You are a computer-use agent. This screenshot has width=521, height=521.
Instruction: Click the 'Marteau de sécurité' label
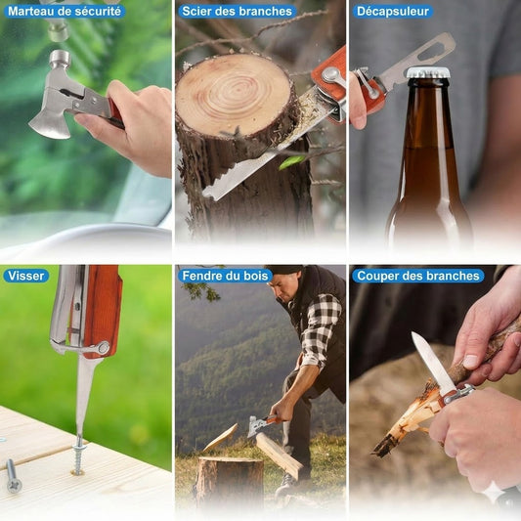65,12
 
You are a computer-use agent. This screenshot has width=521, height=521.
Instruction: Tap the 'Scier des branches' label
237,12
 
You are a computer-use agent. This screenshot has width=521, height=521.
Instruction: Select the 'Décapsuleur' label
393,12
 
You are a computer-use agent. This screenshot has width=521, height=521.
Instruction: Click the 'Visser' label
26,276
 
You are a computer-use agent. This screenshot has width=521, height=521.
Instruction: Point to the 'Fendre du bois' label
225,276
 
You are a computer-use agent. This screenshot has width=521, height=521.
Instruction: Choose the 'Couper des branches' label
418,276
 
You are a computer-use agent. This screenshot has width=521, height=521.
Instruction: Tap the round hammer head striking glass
60,59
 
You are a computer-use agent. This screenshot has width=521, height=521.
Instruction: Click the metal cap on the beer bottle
428,73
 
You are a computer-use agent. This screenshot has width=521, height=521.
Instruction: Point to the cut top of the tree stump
234,95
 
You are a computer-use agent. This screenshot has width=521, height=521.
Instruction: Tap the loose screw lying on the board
13,476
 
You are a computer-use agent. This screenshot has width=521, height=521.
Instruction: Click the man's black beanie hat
285,269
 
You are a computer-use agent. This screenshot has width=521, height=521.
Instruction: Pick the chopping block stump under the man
231,481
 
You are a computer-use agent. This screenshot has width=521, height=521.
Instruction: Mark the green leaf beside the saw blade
291,162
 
